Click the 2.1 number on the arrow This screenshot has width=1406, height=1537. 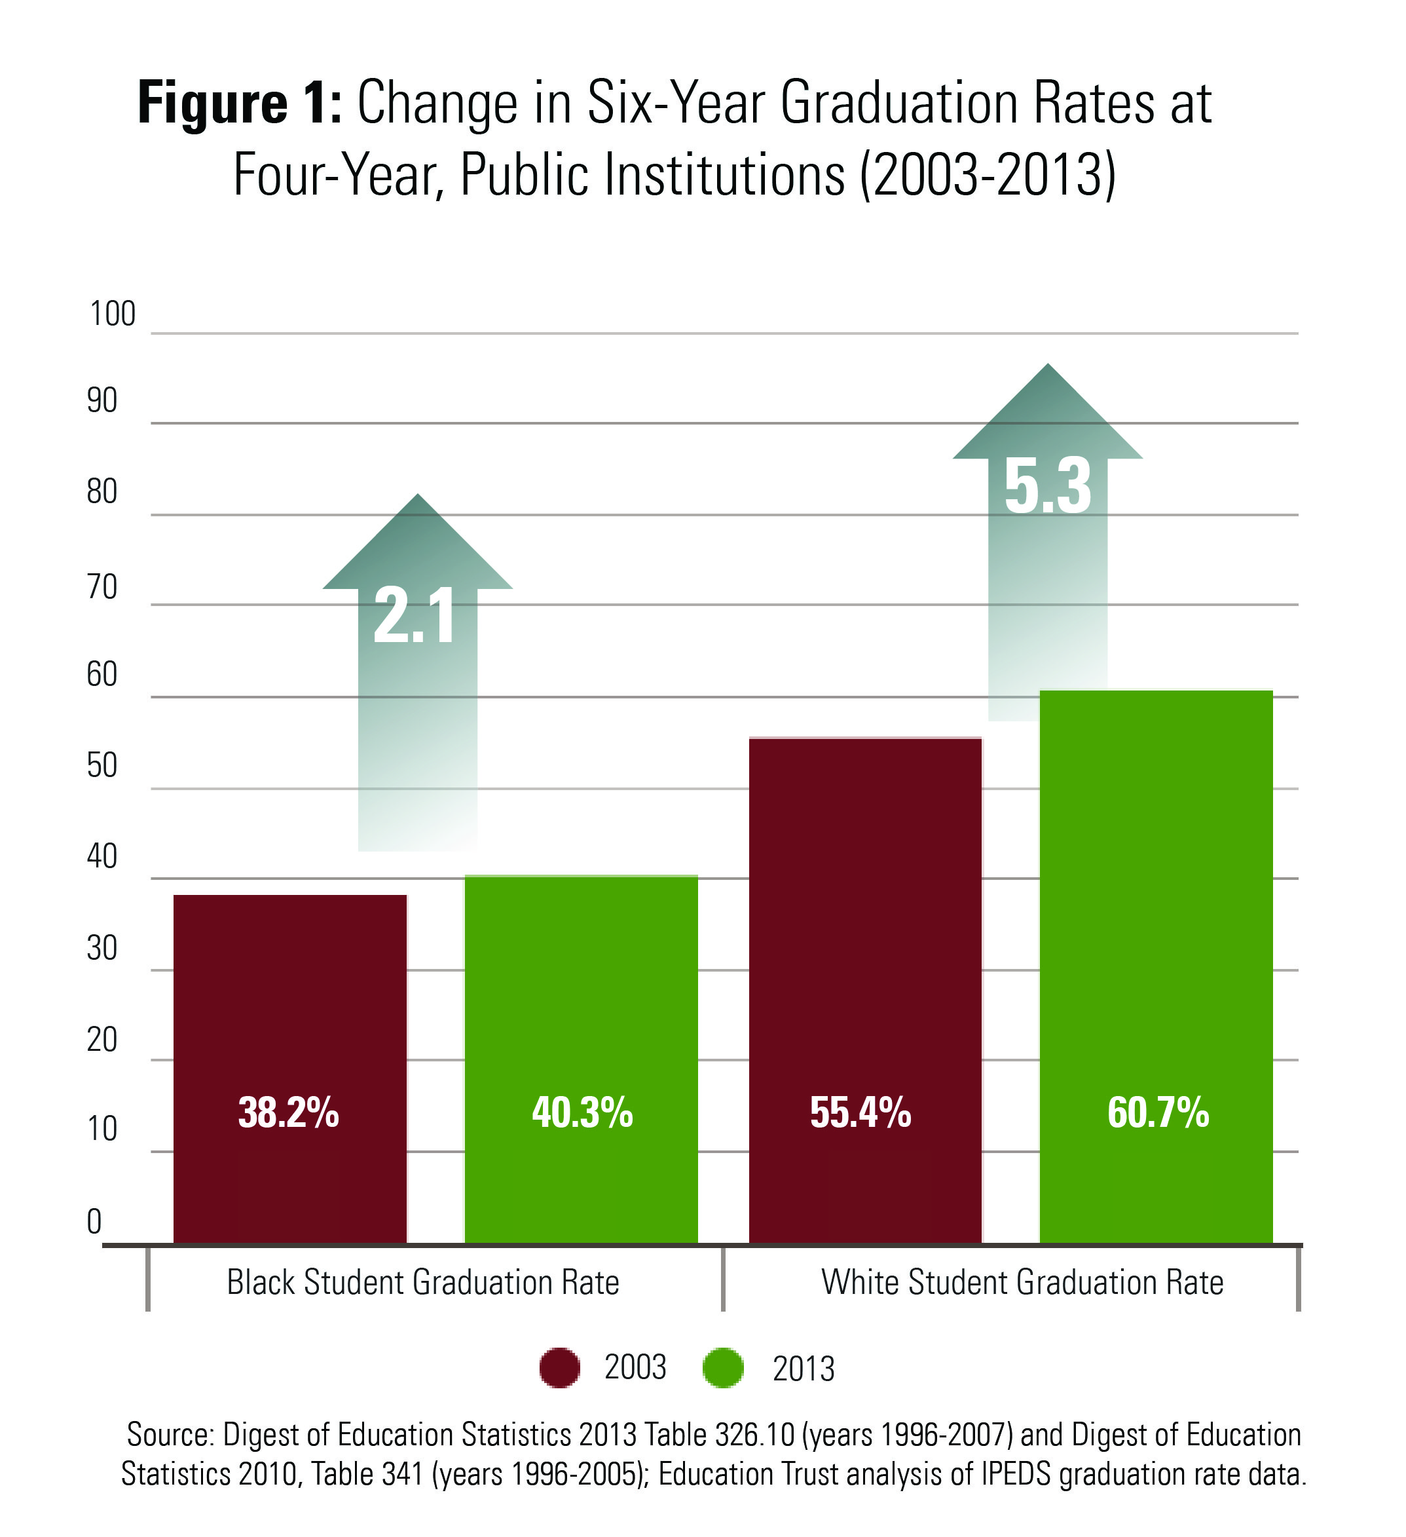pyautogui.click(x=415, y=616)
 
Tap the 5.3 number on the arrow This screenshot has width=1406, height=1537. pyautogui.click(x=1048, y=485)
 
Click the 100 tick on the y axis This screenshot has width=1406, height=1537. pyautogui.click(x=113, y=314)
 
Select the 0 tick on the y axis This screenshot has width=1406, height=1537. pyautogui.click(x=94, y=1221)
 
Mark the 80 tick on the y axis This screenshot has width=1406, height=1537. pyautogui.click(x=102, y=493)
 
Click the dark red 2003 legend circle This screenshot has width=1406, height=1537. pyautogui.click(x=559, y=1368)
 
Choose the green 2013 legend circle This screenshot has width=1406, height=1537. pyautogui.click(x=722, y=1368)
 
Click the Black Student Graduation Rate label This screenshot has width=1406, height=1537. pyautogui.click(x=423, y=1282)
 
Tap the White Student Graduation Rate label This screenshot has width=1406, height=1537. pyautogui.click(x=1022, y=1282)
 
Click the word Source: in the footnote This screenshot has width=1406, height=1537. pyautogui.click(x=170, y=1435)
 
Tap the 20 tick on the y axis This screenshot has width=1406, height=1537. pyautogui.click(x=102, y=1040)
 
